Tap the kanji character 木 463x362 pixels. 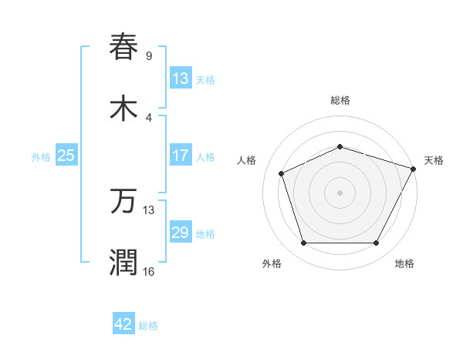123,109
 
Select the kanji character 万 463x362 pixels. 123,202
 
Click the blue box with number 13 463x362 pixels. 180,78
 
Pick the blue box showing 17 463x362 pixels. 180,155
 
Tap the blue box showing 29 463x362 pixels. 180,233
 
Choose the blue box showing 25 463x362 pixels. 66,156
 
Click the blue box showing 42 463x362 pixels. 123,324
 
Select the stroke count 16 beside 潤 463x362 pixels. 149,271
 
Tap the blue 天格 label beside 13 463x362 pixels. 204,79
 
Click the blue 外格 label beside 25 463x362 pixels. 41,156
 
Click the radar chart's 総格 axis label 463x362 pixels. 340,100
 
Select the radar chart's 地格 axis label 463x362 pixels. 404,263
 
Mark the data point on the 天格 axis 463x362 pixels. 414,168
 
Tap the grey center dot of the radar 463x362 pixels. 340,192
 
